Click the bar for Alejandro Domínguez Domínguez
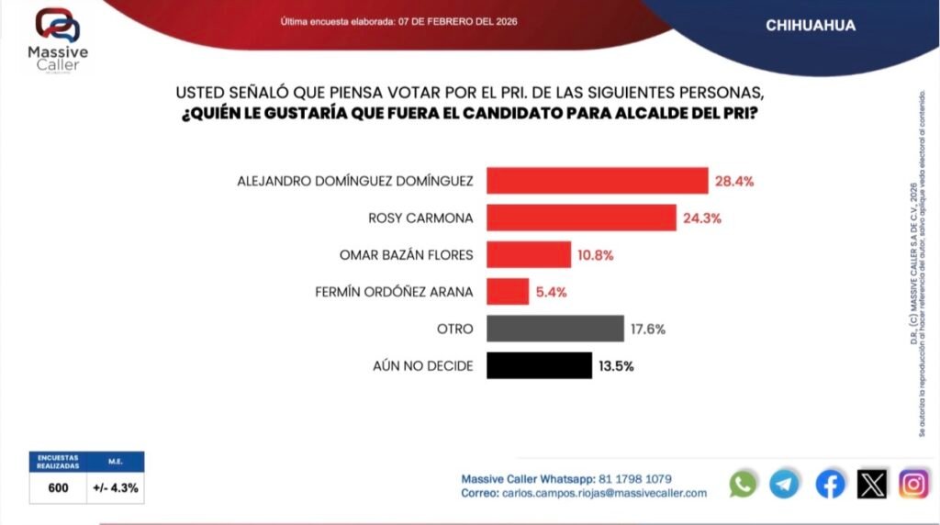click(597, 181)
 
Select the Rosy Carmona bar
click(581, 218)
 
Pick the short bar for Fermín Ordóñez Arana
click(508, 292)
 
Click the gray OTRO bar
click(555, 329)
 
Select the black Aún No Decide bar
click(539, 365)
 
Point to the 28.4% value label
click(734, 182)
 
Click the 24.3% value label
click(700, 218)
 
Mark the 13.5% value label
click(616, 365)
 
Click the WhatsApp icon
click(743, 484)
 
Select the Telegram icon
click(785, 484)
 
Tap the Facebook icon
click(830, 484)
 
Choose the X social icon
click(872, 484)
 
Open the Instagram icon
click(913, 484)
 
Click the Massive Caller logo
click(58, 39)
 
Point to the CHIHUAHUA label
click(811, 26)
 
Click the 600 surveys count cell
click(57, 488)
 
